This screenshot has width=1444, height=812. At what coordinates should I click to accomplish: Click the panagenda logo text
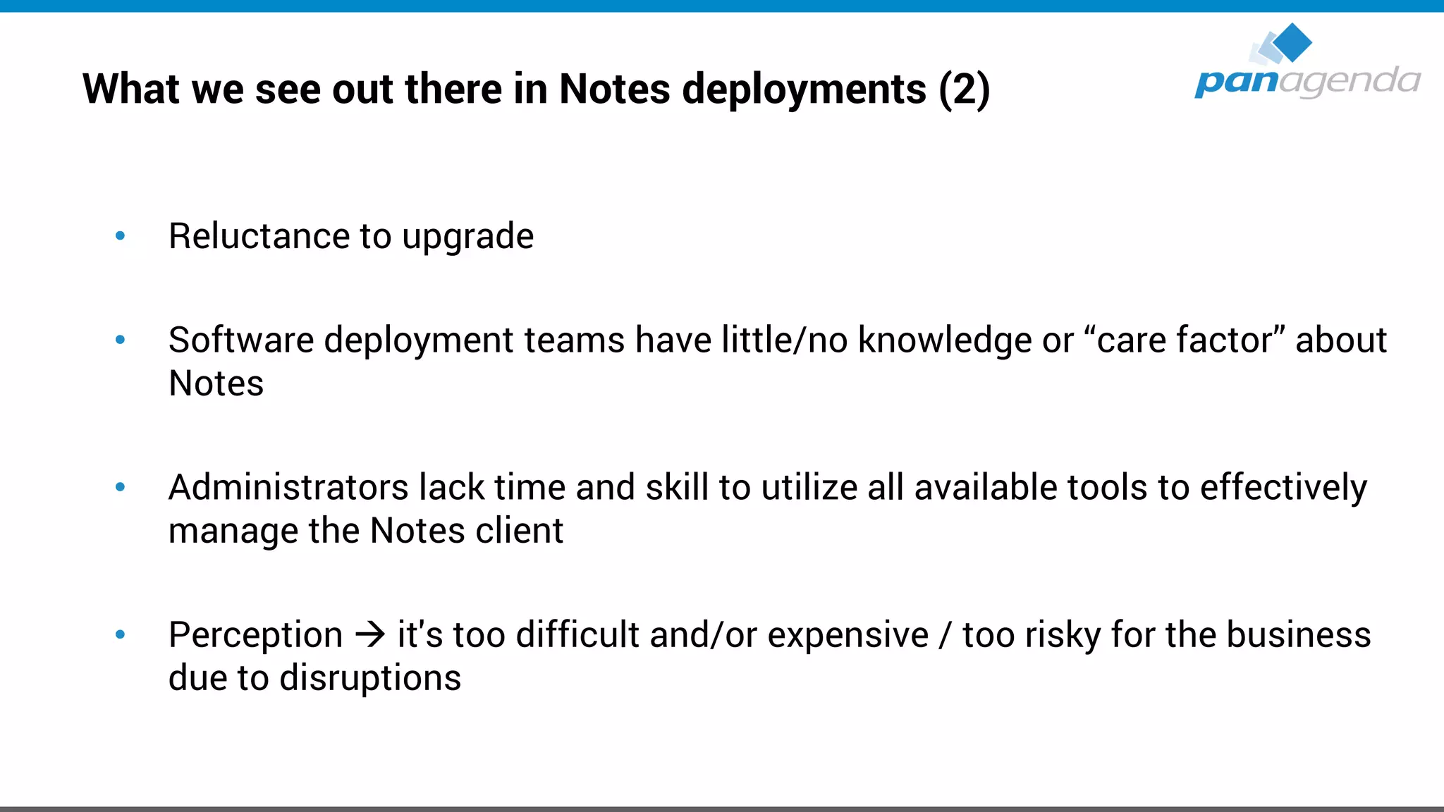tap(1307, 82)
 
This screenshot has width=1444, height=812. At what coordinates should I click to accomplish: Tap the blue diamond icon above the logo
tap(1292, 42)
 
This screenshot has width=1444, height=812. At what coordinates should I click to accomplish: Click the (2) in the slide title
tap(964, 90)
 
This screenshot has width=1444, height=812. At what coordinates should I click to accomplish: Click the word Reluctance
tap(259, 236)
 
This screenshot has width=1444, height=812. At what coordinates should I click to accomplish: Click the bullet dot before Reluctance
tap(121, 236)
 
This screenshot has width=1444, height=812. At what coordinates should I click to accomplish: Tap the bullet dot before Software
tap(121, 340)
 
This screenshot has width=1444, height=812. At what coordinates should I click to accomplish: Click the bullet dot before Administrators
tap(121, 487)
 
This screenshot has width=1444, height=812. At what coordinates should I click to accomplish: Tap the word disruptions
tap(370, 678)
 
